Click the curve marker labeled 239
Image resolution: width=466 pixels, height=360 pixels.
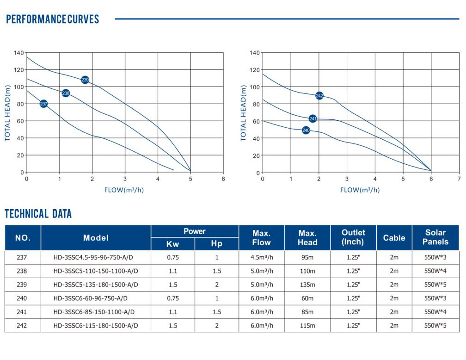tap(85, 80)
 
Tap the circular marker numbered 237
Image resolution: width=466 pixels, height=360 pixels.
tap(43, 104)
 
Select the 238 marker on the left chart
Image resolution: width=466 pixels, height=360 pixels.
tap(66, 93)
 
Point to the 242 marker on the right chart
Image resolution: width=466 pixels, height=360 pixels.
tap(319, 96)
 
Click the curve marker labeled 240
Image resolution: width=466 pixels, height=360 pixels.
tap(306, 130)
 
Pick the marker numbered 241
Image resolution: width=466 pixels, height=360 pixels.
tap(313, 119)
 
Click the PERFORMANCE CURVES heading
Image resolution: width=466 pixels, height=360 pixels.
tap(52, 19)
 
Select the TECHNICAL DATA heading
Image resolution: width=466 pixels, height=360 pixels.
tap(38, 214)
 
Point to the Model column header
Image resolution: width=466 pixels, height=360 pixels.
tap(96, 238)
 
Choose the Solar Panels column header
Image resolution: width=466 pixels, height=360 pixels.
tap(435, 237)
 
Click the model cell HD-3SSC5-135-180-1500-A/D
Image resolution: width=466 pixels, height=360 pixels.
tap(96, 285)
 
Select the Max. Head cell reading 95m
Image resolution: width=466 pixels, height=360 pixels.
tap(307, 257)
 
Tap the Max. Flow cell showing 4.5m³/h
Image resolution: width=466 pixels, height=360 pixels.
tap(262, 257)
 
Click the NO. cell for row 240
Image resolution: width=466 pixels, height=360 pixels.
tap(23, 298)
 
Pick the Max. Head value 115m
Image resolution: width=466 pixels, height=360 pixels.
tap(307, 326)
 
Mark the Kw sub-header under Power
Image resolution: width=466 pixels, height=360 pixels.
tap(173, 244)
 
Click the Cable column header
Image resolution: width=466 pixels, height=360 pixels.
tap(394, 238)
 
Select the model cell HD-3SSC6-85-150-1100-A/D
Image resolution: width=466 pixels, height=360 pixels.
tap(96, 312)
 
